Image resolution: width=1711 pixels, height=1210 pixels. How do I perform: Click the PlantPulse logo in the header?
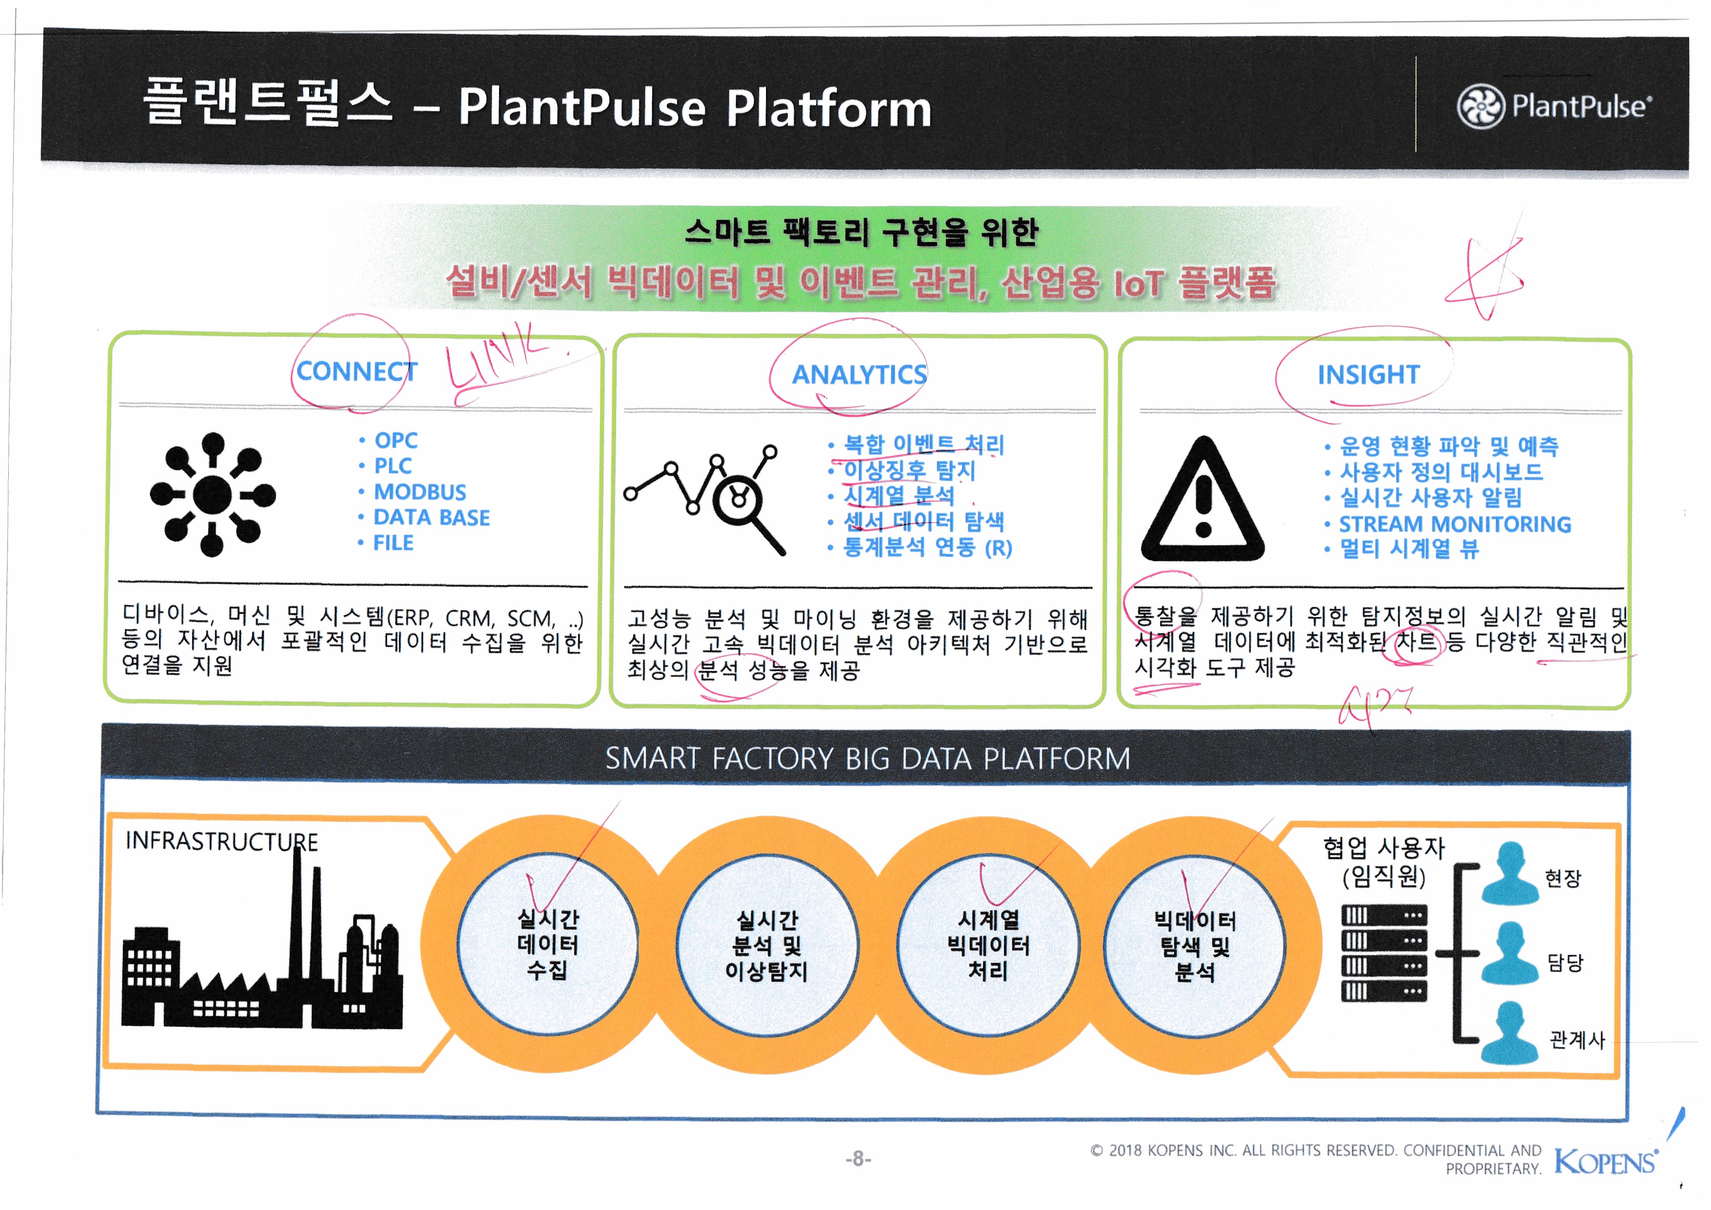1554,106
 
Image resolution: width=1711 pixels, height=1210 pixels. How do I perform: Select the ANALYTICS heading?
859,374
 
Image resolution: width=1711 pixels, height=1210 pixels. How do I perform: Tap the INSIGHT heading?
1368,374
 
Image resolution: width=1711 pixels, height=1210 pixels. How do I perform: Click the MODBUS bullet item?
420,492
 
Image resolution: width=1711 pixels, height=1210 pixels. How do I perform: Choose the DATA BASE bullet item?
431,517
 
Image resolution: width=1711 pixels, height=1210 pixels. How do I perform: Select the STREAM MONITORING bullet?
1455,524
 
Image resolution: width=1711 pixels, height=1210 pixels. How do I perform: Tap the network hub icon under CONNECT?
212,494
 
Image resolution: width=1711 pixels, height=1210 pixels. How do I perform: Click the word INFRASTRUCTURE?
221,841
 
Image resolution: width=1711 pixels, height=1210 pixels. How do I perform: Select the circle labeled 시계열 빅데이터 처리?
988,945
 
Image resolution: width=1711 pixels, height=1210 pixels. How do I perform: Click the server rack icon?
1384,953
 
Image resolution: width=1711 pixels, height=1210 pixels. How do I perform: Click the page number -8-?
858,1159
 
